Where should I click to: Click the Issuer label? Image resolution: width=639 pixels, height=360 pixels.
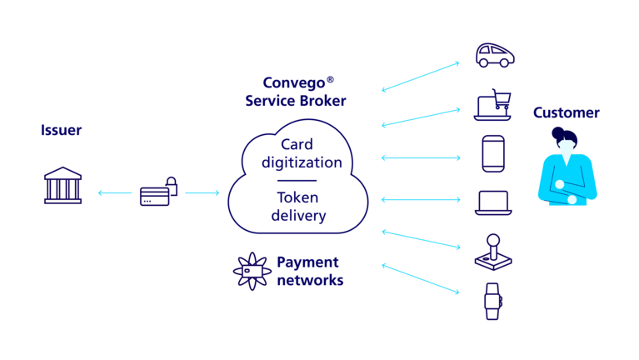[61, 131]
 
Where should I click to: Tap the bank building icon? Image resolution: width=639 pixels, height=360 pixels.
[63, 186]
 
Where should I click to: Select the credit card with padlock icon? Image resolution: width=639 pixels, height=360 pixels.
[158, 193]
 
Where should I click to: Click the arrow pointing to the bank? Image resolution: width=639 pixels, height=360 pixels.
[114, 192]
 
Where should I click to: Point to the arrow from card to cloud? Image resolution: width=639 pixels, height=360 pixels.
[202, 192]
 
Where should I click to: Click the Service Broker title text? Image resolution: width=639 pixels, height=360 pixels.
[296, 92]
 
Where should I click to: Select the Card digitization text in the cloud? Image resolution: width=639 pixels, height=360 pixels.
[301, 153]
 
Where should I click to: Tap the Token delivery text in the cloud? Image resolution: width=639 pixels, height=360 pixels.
[298, 206]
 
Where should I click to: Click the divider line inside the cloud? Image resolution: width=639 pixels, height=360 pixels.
[297, 180]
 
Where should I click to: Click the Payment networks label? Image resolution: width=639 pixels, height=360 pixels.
[309, 271]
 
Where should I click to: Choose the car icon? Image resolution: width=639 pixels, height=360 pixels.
[494, 56]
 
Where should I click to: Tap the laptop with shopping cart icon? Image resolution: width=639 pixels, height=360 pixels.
[493, 105]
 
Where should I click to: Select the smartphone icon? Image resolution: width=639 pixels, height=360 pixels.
[493, 154]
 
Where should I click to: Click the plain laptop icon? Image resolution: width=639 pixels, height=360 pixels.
[493, 202]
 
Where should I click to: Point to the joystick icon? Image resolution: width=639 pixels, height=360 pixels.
[493, 252]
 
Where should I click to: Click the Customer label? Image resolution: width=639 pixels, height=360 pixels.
[567, 112]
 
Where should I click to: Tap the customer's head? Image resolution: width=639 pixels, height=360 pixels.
[566, 143]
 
